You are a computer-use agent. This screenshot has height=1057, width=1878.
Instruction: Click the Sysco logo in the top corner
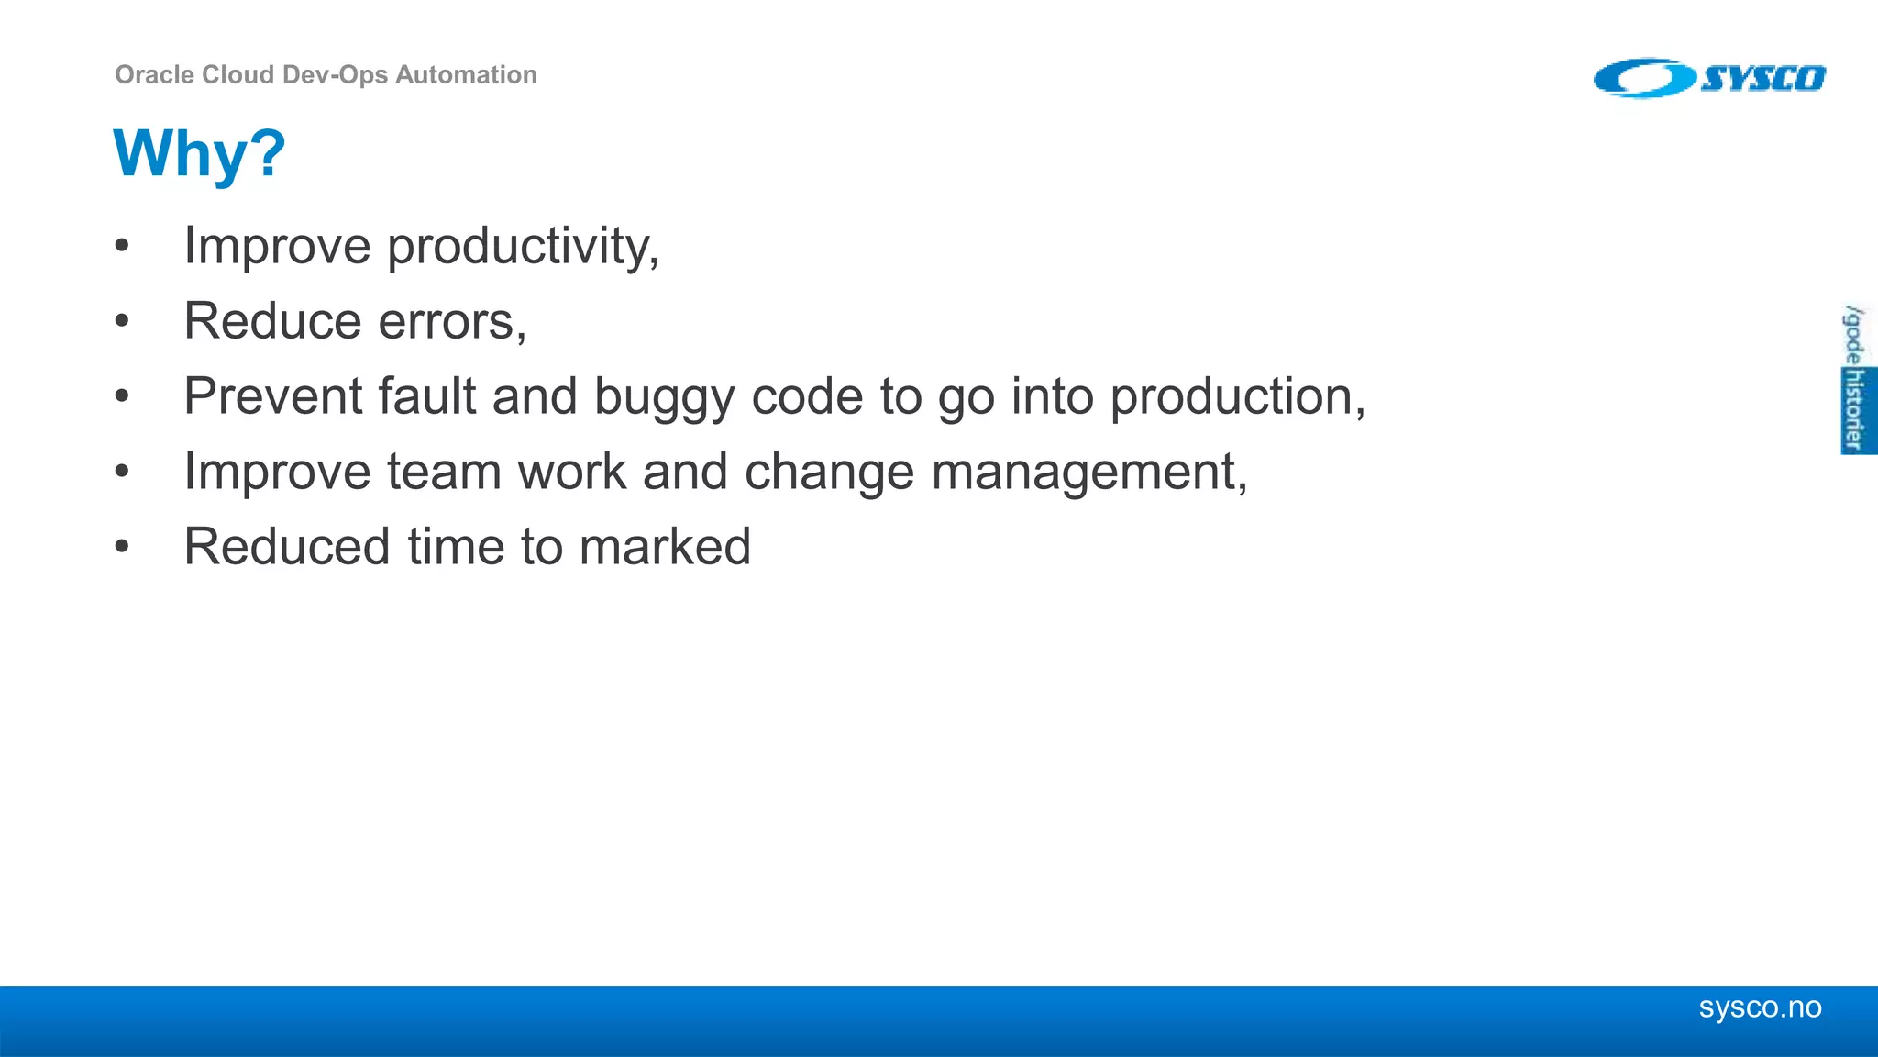[1709, 78]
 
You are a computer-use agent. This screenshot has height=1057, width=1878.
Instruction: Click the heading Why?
[199, 153]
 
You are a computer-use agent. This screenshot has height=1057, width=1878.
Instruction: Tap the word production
[1233, 397]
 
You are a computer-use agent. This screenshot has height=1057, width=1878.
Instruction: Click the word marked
[665, 547]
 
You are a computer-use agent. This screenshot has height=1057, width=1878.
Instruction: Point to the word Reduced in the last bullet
[287, 547]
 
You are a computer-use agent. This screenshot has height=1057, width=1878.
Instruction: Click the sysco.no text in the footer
[1760, 1007]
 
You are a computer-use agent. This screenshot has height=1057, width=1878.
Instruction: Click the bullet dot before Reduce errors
[122, 322]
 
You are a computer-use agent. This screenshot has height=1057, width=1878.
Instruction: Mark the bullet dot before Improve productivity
[122, 247]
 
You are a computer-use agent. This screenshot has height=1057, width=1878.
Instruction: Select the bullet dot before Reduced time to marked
[122, 548]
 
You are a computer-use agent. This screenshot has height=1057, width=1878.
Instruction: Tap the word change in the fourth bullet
[828, 473]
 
